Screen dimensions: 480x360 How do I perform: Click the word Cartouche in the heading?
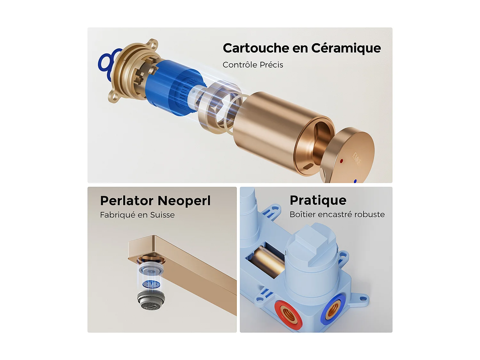pyautogui.click(x=256, y=48)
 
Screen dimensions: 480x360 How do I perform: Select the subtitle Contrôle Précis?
pyautogui.click(x=253, y=65)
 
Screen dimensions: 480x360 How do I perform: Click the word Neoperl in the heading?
pyautogui.click(x=184, y=201)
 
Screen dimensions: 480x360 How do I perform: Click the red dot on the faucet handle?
pyautogui.click(x=341, y=161)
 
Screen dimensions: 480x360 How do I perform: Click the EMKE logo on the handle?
pyautogui.click(x=356, y=158)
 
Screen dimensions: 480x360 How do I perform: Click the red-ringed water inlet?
pyautogui.click(x=288, y=314)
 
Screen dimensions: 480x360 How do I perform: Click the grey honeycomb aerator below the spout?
pyautogui.click(x=151, y=301)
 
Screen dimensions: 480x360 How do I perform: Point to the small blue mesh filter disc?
pyautogui.click(x=151, y=284)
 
